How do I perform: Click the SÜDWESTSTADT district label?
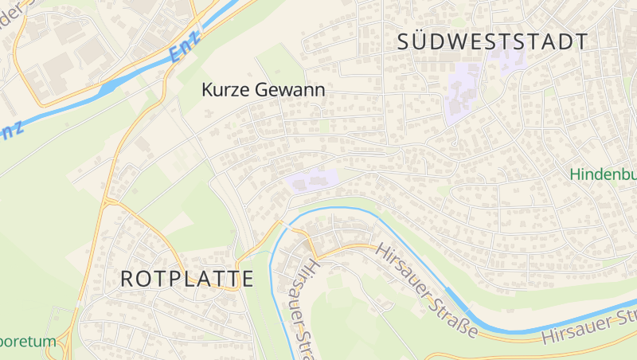[493, 42]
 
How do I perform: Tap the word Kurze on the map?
[226, 91]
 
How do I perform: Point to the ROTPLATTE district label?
[187, 279]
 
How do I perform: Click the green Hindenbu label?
[603, 174]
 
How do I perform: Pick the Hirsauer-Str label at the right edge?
[589, 327]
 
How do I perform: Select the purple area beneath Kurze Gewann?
[311, 182]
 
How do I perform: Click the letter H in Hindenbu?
[576, 174]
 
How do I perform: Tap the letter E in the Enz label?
[176, 57]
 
